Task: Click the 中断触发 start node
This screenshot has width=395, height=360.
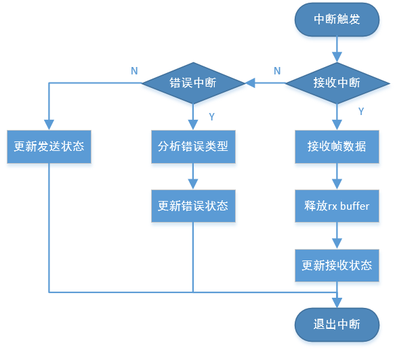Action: tap(337, 20)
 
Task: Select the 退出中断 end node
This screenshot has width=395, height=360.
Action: tap(337, 325)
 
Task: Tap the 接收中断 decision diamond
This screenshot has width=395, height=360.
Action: tap(337, 83)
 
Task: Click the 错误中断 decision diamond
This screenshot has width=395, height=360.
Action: tap(193, 83)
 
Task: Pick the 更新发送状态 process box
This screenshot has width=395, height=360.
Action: tap(49, 146)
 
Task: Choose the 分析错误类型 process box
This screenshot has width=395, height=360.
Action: tap(193, 146)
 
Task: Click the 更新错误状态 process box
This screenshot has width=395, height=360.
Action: tap(193, 206)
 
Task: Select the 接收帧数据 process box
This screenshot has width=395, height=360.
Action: tap(337, 146)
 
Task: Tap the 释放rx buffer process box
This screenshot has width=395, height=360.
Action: tap(337, 206)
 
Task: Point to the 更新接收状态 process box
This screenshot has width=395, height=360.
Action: tap(337, 265)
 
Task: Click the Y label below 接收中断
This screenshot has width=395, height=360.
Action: tap(360, 110)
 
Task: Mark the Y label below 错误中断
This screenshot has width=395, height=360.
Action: tap(211, 116)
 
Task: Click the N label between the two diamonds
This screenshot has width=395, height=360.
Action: tap(277, 71)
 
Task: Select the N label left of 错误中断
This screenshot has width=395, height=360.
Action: tap(133, 71)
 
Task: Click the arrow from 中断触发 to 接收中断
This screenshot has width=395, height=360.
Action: tap(337, 51)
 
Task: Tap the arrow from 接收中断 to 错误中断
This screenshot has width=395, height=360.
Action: tap(265, 83)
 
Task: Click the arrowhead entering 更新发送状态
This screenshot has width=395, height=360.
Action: tap(49, 125)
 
